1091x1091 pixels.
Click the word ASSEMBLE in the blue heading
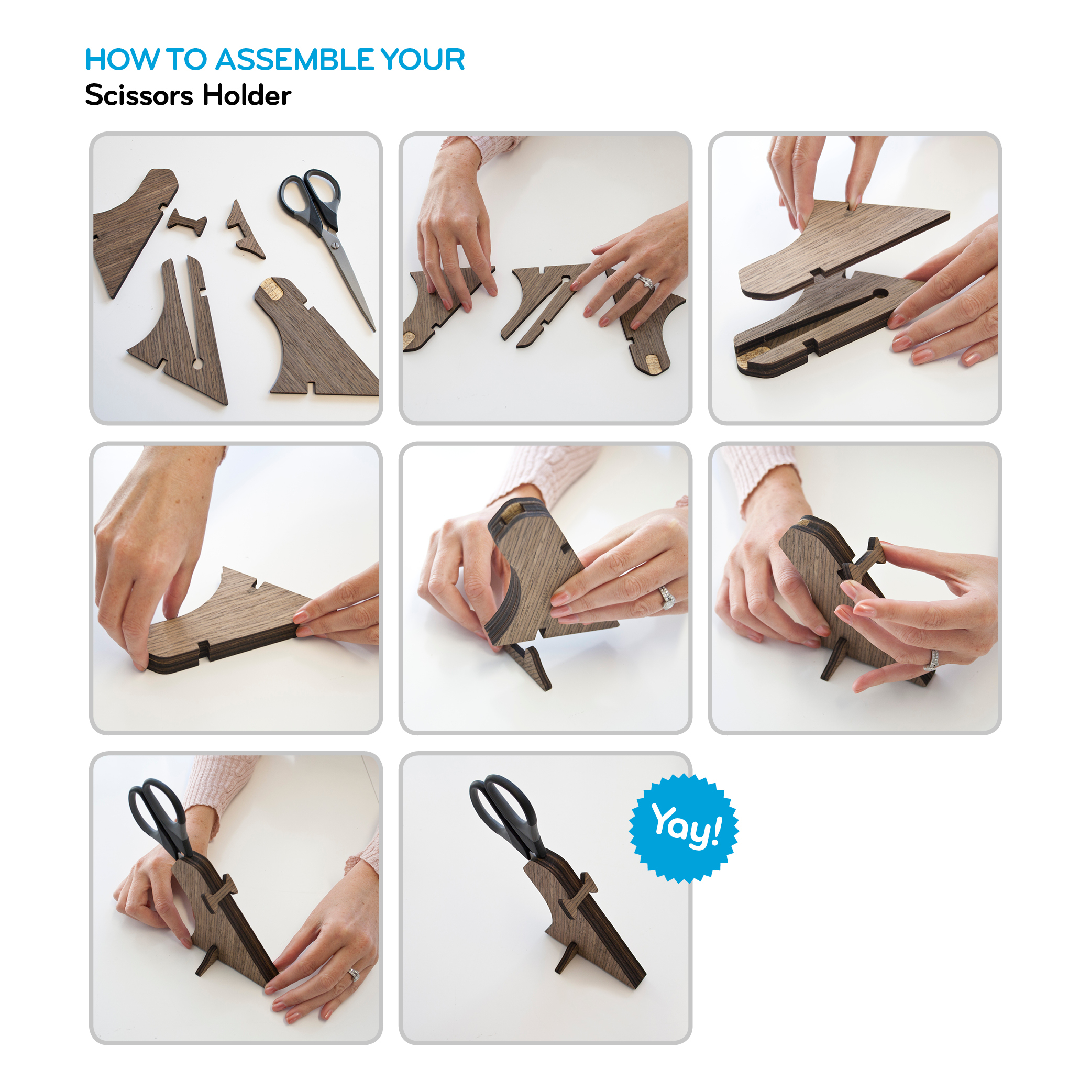(294, 59)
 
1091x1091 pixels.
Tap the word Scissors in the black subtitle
(138, 95)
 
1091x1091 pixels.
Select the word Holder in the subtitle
(247, 95)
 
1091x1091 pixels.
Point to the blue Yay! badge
(684, 829)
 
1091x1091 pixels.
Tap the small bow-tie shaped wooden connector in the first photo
(187, 223)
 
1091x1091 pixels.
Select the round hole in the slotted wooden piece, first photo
(197, 363)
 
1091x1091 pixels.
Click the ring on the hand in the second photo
(645, 281)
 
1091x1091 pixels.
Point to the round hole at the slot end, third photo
(880, 294)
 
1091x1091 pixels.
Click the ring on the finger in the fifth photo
(667, 598)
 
